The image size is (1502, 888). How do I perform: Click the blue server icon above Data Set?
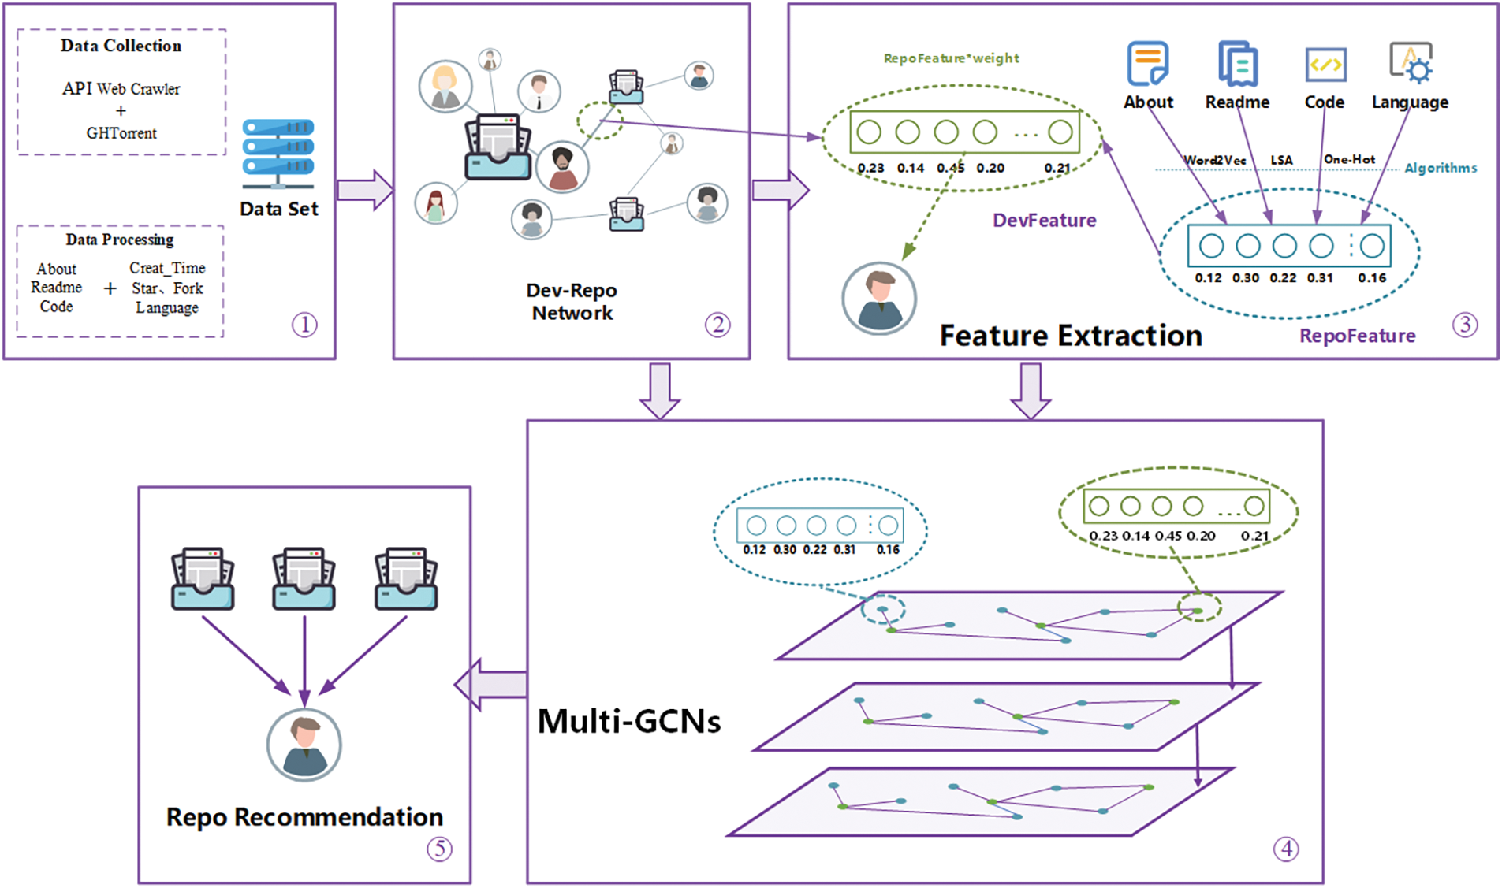[278, 153]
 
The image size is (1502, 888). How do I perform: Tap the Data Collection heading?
[121, 46]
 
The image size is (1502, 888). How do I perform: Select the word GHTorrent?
[121, 133]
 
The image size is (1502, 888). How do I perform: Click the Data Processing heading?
[120, 240]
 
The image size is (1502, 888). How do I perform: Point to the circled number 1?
[304, 325]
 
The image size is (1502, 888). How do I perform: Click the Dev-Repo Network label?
[572, 302]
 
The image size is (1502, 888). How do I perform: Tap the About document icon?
[1147, 64]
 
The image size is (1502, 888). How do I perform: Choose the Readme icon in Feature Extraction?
[1238, 64]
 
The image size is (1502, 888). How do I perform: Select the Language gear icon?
[1411, 63]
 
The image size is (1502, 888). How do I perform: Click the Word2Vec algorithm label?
[1215, 160]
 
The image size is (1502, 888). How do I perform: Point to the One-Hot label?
[1349, 159]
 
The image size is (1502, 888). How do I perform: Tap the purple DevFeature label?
[1044, 221]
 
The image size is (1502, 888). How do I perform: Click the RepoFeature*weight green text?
[951, 58]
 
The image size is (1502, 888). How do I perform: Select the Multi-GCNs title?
[629, 721]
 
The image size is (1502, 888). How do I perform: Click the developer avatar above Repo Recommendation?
[304, 745]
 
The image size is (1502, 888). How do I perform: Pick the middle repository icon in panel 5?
[304, 579]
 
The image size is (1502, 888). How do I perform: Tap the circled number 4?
[1286, 849]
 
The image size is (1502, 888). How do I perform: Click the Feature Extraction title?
[1071, 336]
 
